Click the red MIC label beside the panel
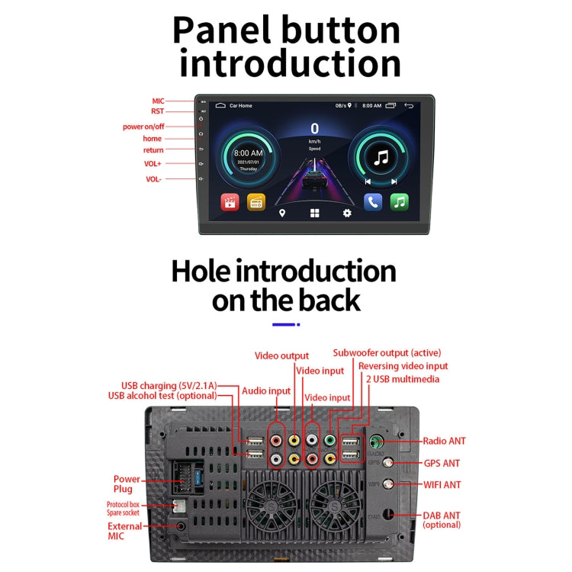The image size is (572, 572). click(x=158, y=101)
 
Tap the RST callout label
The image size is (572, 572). click(x=158, y=111)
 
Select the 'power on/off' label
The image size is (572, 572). click(x=143, y=127)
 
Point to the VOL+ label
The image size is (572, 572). click(x=153, y=163)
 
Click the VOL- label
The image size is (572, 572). click(x=153, y=179)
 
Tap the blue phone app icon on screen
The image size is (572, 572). click(x=372, y=202)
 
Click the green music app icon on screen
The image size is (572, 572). click(x=400, y=202)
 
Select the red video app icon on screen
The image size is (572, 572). click(x=230, y=202)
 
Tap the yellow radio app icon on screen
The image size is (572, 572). click(x=256, y=202)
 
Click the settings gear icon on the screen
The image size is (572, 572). click(x=347, y=213)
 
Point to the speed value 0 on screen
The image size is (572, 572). click(x=314, y=129)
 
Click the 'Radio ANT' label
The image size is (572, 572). click(x=445, y=441)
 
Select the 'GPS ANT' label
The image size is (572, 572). click(x=442, y=463)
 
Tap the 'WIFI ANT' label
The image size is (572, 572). click(x=442, y=484)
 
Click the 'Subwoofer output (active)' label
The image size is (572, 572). click(x=390, y=353)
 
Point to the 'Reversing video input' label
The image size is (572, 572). click(x=403, y=366)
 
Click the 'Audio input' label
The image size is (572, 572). click(x=266, y=390)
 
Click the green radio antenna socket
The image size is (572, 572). click(x=376, y=441)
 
